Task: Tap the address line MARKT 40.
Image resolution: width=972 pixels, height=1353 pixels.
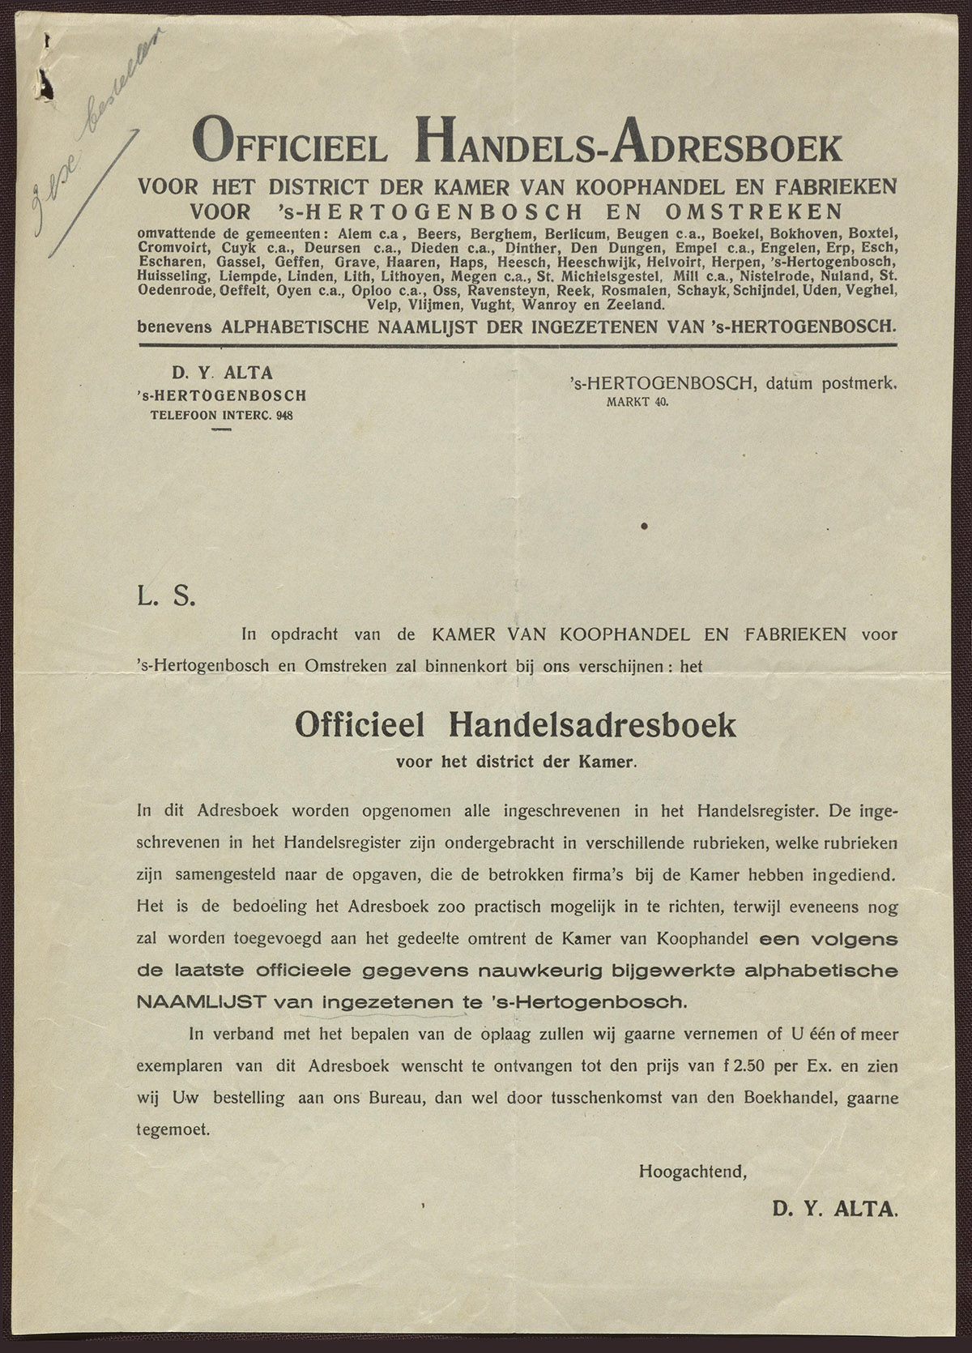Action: click(637, 401)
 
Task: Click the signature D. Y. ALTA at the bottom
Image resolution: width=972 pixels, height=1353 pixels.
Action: click(835, 1210)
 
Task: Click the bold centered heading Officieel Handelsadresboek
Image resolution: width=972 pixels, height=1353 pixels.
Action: click(515, 723)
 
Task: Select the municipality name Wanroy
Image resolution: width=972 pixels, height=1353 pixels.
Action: click(548, 305)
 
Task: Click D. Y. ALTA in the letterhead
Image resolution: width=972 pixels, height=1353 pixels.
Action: click(221, 373)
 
